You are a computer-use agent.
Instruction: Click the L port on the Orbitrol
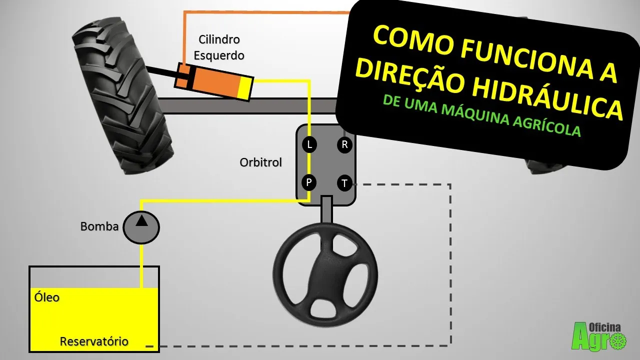point(309,144)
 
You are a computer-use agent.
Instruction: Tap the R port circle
point(344,144)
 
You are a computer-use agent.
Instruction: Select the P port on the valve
point(309,182)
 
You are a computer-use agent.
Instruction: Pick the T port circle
point(344,183)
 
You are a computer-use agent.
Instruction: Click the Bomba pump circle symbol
point(141,227)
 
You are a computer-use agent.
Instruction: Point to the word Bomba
point(99,226)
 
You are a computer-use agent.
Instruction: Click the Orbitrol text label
point(260,162)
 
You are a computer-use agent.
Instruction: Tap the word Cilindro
point(219,39)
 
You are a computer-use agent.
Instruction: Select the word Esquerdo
point(219,55)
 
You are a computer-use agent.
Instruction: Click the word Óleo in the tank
point(47,297)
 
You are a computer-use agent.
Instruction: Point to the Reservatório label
point(94,341)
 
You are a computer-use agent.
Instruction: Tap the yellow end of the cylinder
point(245,88)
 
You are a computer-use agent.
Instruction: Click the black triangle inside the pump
point(141,221)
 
